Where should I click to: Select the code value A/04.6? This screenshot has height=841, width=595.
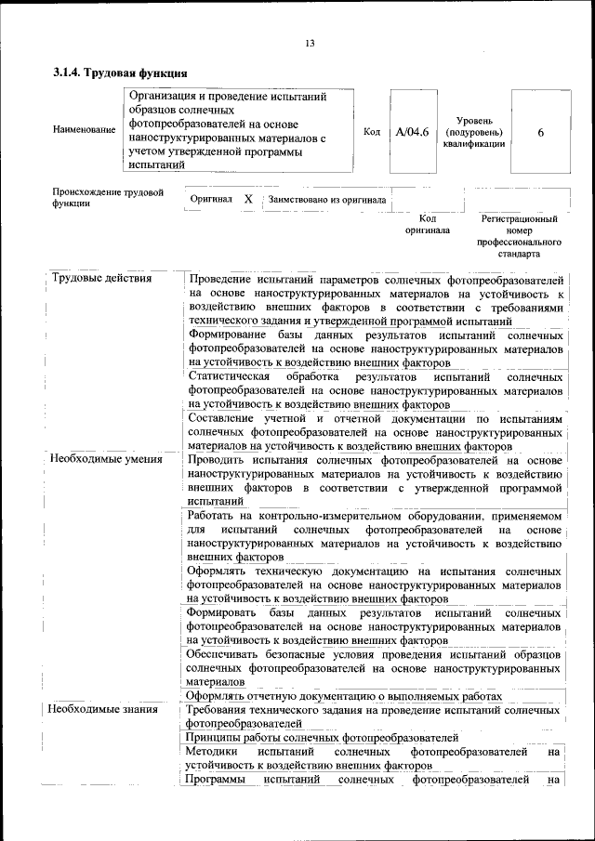411,132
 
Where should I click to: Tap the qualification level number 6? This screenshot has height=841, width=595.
540,132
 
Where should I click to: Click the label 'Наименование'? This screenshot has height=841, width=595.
85,131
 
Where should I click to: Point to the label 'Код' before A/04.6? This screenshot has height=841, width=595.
371,132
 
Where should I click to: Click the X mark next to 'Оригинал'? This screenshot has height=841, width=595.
247,199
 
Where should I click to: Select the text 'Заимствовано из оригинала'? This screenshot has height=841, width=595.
326,199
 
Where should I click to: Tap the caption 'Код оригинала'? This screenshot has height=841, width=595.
428,224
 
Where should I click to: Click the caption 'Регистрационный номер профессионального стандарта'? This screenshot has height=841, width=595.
519,236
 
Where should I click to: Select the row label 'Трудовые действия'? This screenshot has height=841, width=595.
102,279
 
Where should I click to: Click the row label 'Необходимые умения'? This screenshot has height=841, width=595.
107,459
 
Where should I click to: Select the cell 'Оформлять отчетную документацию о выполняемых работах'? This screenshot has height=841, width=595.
344,695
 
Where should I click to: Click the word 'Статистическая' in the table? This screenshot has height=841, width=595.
229,376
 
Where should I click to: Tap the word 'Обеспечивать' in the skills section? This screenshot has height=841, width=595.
225,653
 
